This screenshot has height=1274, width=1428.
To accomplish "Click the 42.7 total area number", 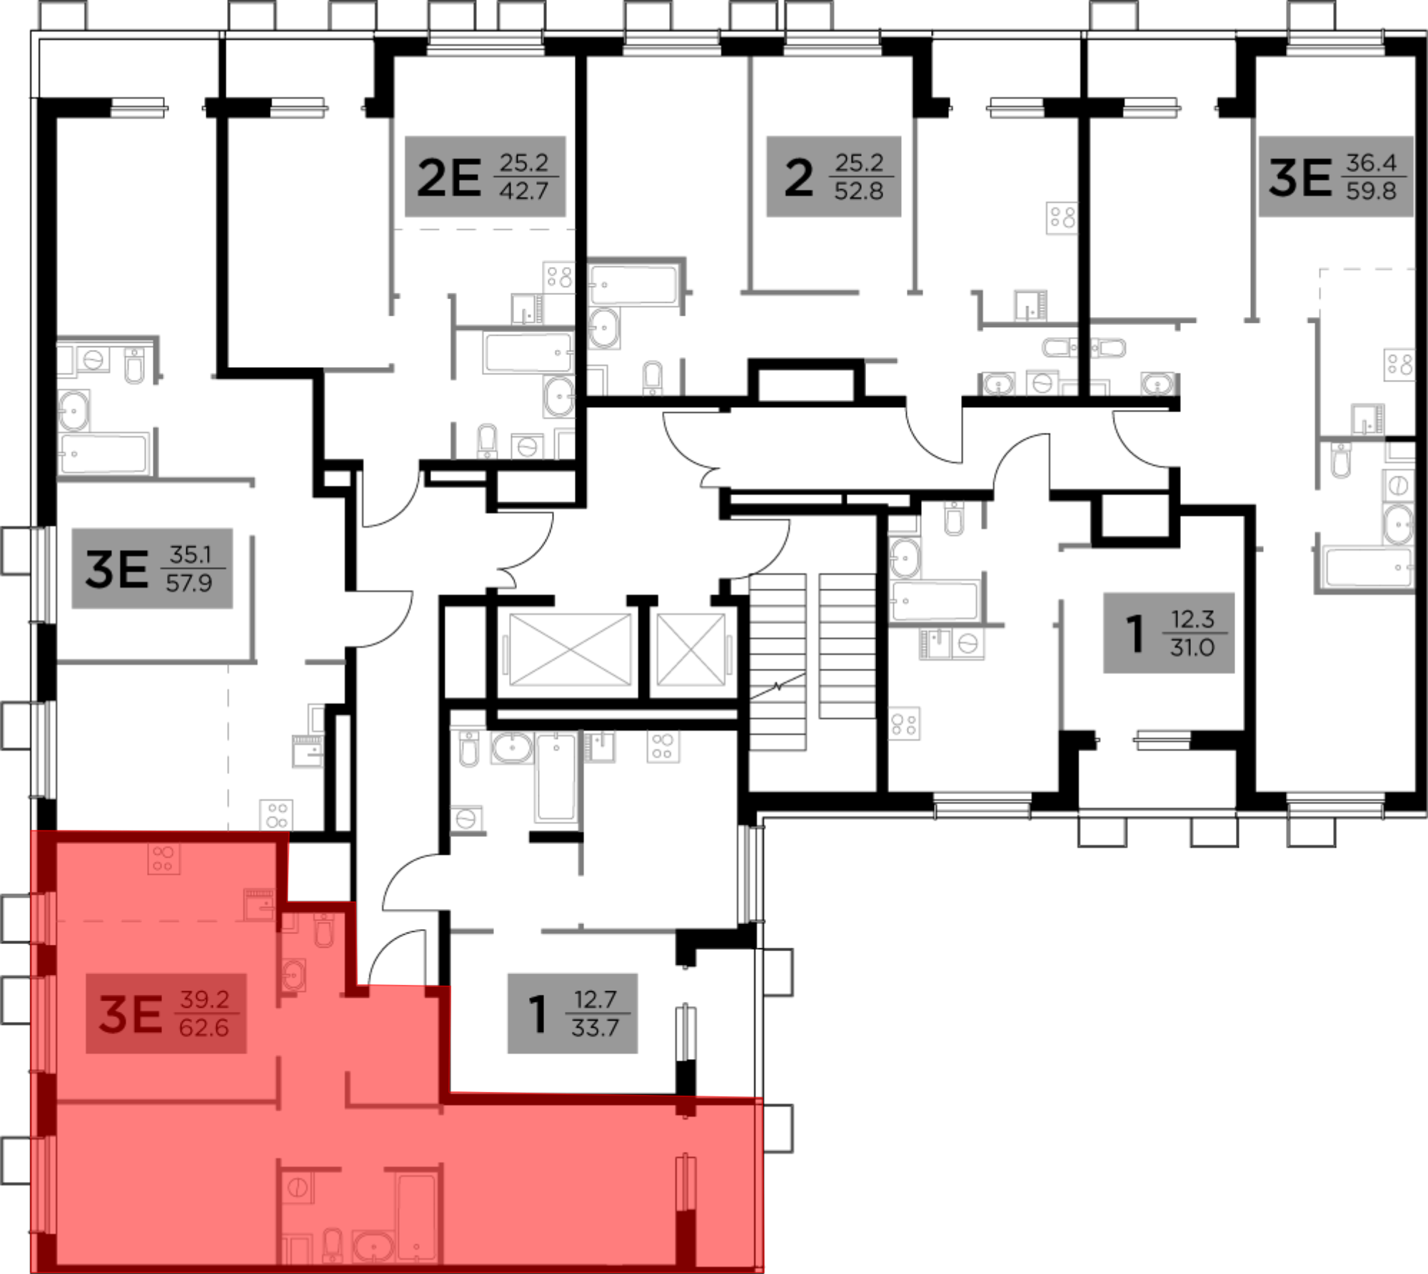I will click(523, 191).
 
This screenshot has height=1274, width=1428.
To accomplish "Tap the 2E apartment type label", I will click(448, 178).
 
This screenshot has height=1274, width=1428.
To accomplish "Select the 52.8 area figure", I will click(859, 191).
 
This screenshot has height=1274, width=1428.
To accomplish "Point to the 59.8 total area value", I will click(1371, 191).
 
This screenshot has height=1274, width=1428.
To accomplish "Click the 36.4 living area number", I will click(1371, 163).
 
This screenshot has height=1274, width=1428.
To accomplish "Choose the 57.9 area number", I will click(189, 583).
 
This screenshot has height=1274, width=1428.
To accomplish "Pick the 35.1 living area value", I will click(190, 555).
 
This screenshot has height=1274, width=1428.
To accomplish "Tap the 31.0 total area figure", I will click(1192, 648).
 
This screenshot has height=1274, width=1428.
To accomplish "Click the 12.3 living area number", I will click(1192, 619).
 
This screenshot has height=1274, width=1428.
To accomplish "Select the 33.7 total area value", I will click(595, 1028).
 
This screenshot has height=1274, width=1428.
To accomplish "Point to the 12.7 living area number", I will click(595, 1000).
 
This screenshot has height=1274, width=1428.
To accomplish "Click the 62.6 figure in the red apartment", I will click(204, 1028).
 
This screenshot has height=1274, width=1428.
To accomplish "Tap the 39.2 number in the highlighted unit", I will click(204, 1000).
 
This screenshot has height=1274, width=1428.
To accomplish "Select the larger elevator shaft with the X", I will click(570, 650).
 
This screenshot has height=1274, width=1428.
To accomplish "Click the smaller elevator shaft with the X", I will click(691, 650).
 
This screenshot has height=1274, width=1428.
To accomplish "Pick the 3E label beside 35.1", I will click(117, 569).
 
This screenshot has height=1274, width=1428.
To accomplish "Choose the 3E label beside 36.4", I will click(1299, 178).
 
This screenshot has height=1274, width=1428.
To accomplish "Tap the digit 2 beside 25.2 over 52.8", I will click(798, 178).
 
